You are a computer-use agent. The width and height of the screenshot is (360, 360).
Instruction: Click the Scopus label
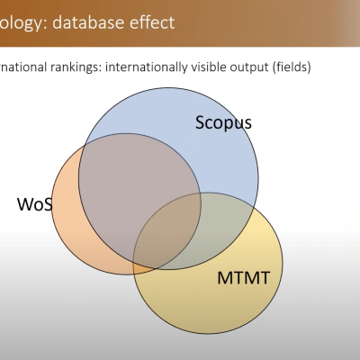(223, 123)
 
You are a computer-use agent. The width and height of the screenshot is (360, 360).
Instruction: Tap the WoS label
(35, 204)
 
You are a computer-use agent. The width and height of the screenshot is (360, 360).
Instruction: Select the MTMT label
(243, 278)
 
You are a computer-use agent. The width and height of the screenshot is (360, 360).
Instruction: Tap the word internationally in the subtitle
(146, 67)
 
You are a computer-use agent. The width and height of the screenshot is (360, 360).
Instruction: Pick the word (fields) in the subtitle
(292, 67)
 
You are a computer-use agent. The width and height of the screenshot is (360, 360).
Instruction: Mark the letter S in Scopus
(201, 122)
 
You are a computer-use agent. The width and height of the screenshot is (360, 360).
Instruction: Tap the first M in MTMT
(225, 278)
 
